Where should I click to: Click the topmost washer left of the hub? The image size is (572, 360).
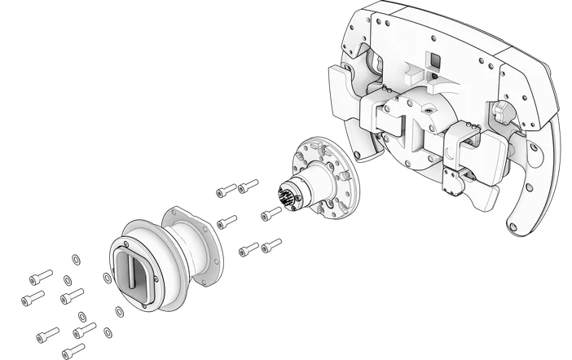tap(76, 261)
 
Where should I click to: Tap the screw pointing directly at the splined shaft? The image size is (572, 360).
tap(270, 214)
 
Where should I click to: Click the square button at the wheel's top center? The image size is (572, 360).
tap(435, 61)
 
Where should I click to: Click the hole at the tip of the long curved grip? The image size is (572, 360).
tap(517, 227)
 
